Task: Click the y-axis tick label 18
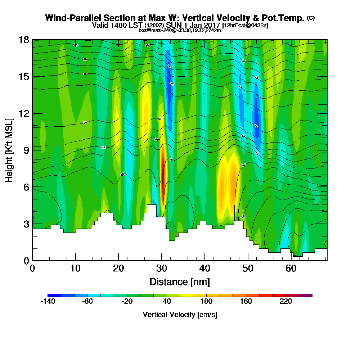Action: click(x=24, y=40)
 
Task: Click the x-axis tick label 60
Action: click(x=291, y=269)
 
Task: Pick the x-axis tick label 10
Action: click(x=75, y=269)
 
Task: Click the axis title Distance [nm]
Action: click(x=180, y=282)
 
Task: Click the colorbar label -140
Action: click(x=48, y=302)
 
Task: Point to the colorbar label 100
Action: click(x=206, y=302)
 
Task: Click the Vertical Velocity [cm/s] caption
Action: click(x=180, y=315)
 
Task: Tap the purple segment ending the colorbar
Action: click(x=309, y=295)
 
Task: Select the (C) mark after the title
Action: click(x=311, y=18)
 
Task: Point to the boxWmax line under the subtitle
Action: click(x=180, y=30)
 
